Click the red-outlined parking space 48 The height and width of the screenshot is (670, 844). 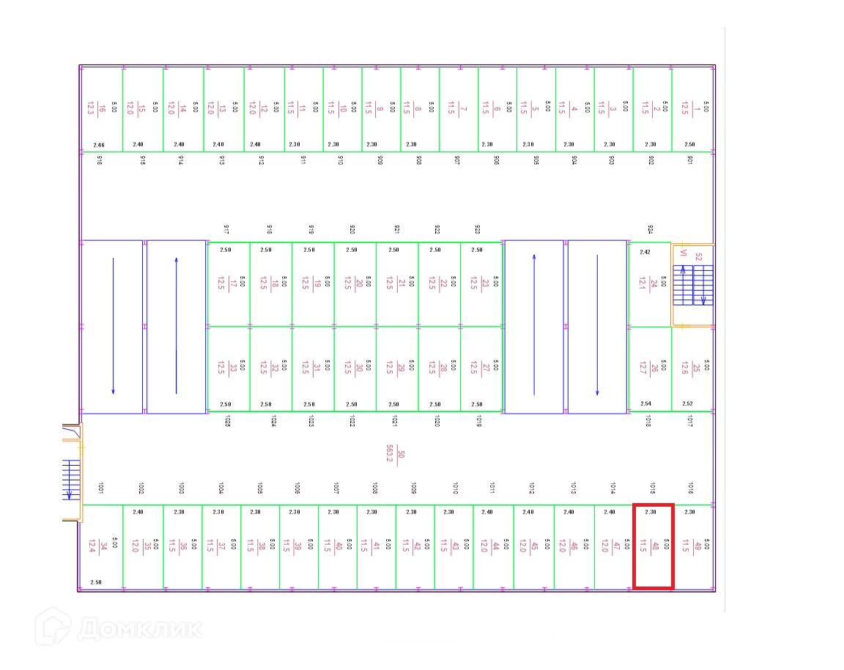click(653, 546)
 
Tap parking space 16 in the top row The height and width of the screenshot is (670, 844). click(101, 109)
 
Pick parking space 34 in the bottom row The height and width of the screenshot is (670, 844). click(101, 546)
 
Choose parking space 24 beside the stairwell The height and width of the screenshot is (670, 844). click(649, 284)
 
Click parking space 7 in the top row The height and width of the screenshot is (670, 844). click(458, 109)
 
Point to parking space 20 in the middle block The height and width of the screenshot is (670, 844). click(355, 283)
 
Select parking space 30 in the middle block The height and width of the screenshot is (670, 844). click(355, 368)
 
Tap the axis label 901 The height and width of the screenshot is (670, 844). click(689, 160)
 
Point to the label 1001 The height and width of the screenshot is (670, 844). click(100, 488)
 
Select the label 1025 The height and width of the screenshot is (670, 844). click(228, 421)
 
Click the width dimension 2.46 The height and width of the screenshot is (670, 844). click(100, 145)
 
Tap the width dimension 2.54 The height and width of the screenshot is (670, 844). click(645, 403)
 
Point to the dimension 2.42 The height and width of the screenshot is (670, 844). click(645, 252)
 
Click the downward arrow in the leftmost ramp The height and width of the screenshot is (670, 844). click(113, 326)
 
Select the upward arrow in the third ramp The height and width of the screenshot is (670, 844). click(534, 326)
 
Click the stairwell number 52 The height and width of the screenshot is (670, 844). click(698, 257)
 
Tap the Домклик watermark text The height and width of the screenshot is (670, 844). click(139, 628)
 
